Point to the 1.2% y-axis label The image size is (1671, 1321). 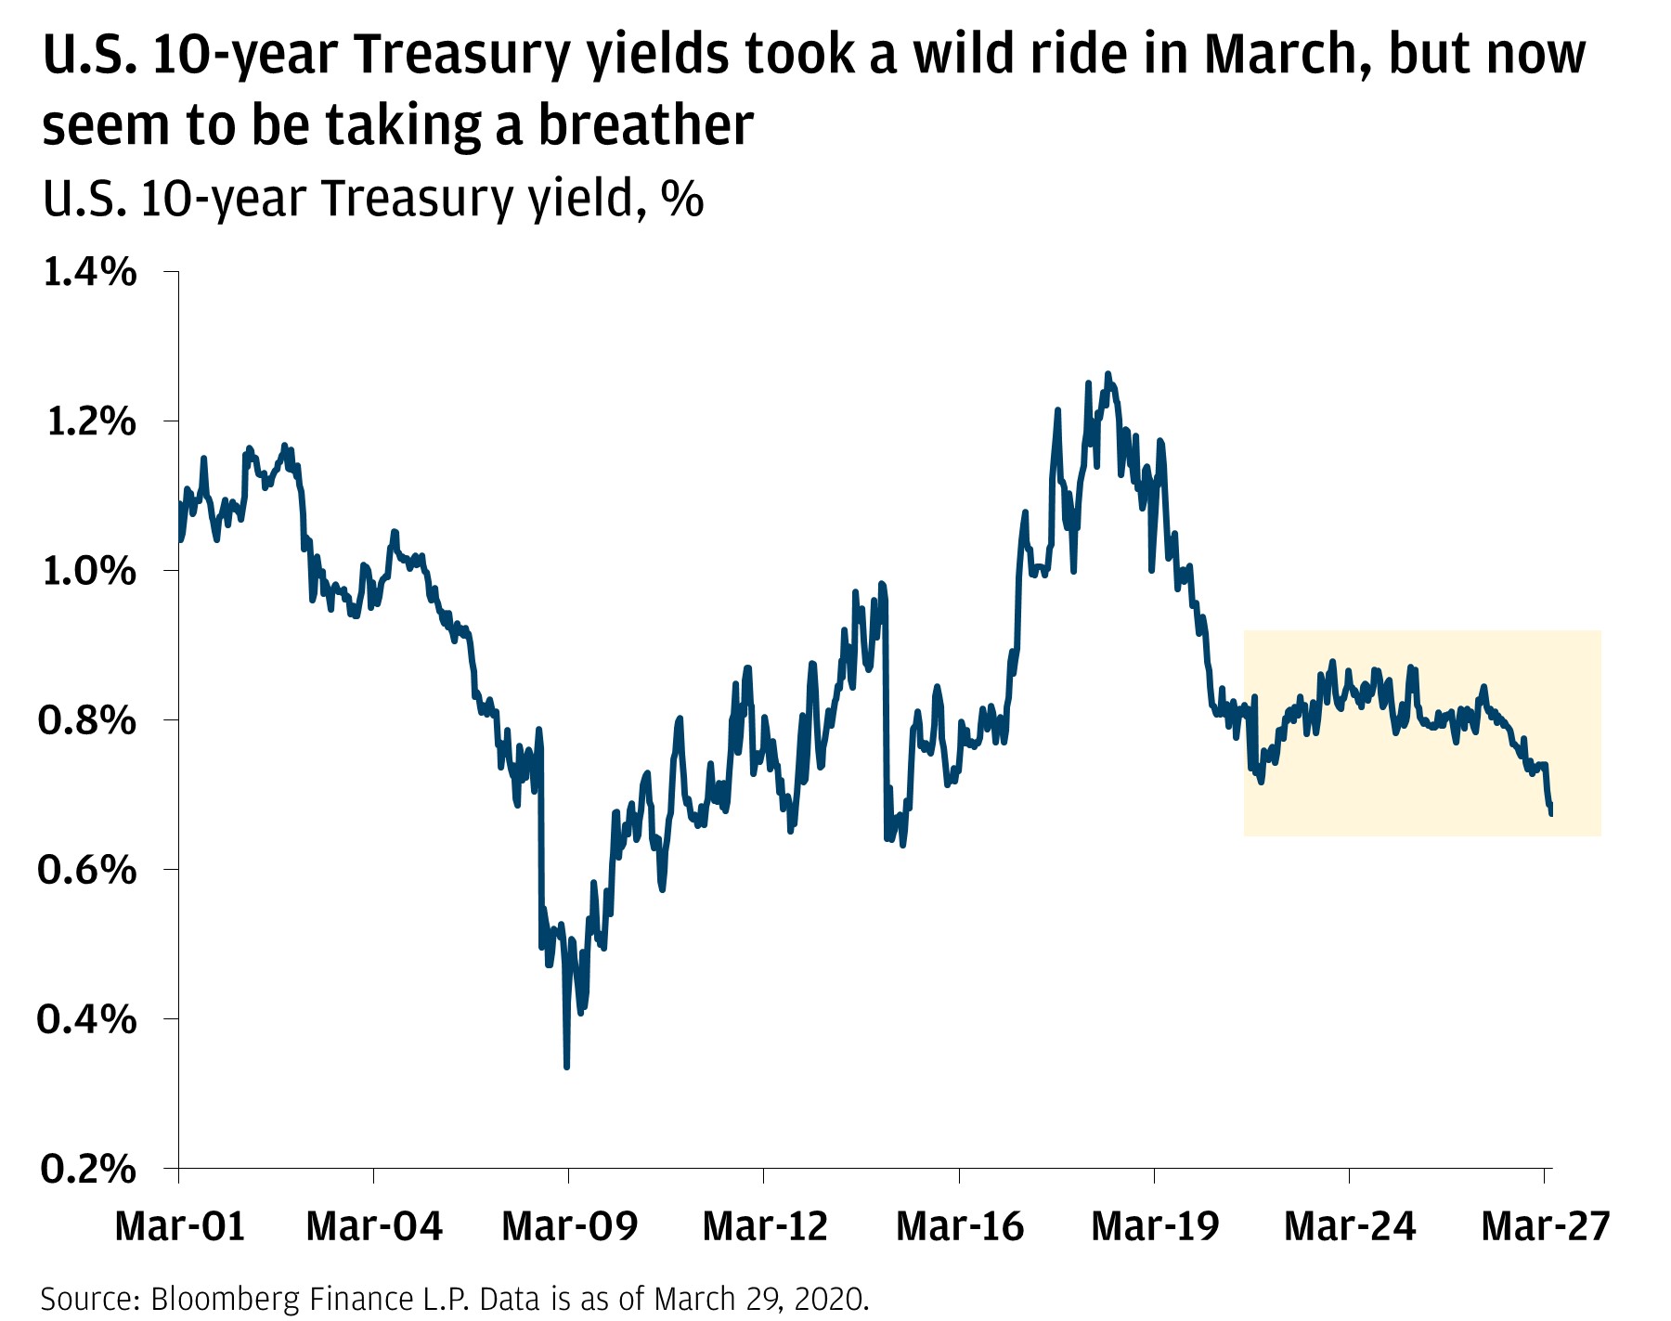pyautogui.click(x=88, y=422)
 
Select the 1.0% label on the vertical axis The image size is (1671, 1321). pyautogui.click(x=88, y=572)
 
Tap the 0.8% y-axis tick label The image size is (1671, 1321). pyautogui.click(x=88, y=721)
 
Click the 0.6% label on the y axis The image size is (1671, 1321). pyautogui.click(x=88, y=871)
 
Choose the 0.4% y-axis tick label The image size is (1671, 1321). pyautogui.click(x=88, y=1020)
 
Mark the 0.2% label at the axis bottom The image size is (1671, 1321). pyautogui.click(x=88, y=1170)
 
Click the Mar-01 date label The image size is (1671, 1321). pyautogui.click(x=179, y=1226)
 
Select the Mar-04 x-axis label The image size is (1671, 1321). pyautogui.click(x=374, y=1226)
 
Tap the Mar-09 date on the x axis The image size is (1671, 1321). pyautogui.click(x=569, y=1226)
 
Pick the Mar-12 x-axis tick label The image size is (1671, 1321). pyautogui.click(x=765, y=1226)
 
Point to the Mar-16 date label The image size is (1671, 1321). pyautogui.click(x=960, y=1226)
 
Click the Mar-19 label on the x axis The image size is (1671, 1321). pyautogui.click(x=1155, y=1226)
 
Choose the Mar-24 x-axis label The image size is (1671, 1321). pyautogui.click(x=1350, y=1226)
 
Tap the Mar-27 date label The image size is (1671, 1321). pyautogui.click(x=1545, y=1226)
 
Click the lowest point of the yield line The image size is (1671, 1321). pyautogui.click(x=566, y=1067)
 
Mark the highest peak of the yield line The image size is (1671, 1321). pyautogui.click(x=1107, y=374)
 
